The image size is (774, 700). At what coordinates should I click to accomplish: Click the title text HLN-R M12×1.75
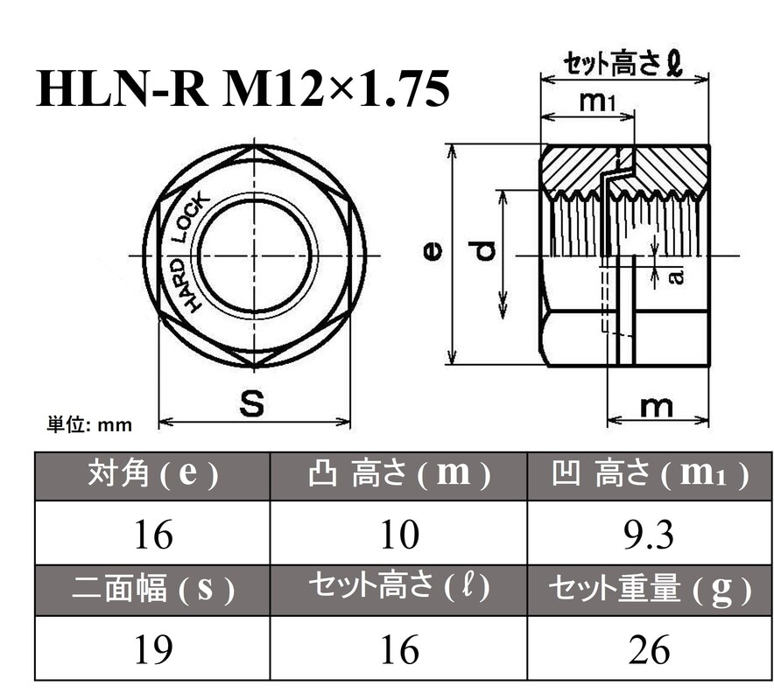[243, 90]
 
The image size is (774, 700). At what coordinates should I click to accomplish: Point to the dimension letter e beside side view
[432, 253]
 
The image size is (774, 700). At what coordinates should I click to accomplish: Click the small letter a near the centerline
[675, 276]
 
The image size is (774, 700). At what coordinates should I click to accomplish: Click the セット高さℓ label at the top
[622, 63]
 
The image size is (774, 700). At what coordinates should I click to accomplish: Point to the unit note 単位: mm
[88, 425]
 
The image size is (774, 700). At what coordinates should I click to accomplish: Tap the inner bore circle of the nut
[255, 255]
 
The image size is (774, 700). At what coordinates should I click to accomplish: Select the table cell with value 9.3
[650, 535]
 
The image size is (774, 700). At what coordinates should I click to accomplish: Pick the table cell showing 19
[152, 649]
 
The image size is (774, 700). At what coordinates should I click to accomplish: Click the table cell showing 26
[650, 649]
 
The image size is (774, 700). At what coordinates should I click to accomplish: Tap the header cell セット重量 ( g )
[650, 591]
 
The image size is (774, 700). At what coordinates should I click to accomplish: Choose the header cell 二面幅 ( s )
[152, 591]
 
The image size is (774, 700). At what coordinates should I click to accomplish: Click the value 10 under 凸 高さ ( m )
[399, 535]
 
